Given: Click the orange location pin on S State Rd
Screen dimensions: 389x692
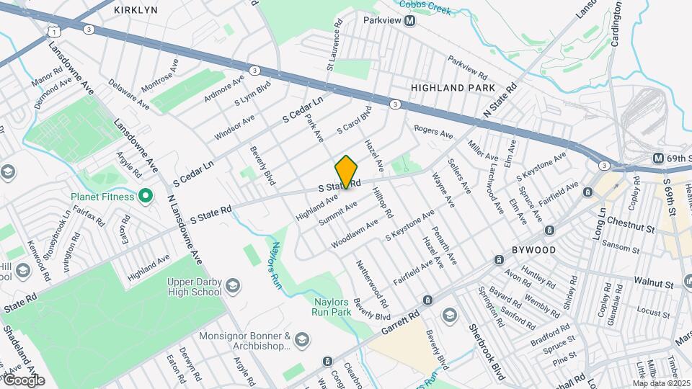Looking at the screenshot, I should (347, 171).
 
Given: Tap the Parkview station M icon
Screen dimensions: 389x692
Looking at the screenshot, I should (410, 22).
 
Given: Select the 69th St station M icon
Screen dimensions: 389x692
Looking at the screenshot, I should (658, 158).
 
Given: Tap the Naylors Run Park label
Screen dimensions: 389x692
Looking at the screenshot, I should (332, 307).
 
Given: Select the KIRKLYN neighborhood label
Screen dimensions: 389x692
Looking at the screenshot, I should (136, 10).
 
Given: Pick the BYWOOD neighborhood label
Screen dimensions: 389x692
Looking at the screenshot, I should (534, 250).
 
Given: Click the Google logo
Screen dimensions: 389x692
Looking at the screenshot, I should (24, 380).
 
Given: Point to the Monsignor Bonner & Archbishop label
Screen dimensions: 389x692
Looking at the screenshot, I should (252, 341).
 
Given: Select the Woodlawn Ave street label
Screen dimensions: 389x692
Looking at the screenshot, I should (355, 235).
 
